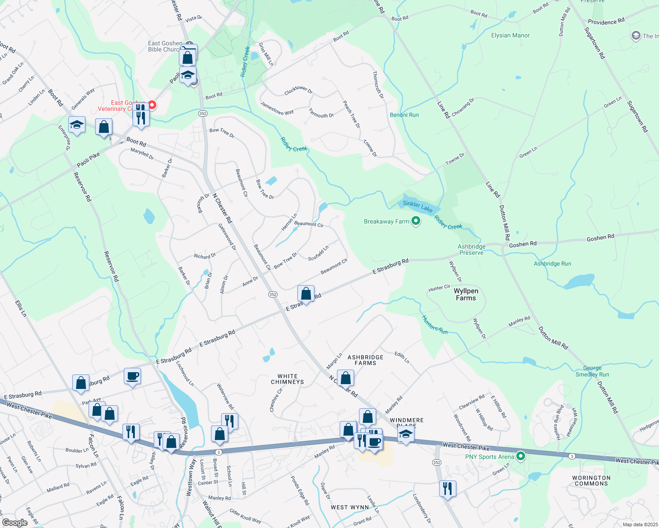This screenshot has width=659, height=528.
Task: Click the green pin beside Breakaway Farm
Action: point(415,221)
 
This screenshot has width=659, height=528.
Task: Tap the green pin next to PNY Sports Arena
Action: point(521,456)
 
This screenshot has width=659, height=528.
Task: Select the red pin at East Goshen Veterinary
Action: point(152,105)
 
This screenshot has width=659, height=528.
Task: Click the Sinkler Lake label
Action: point(418,206)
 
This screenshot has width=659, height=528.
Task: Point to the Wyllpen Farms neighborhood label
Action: point(466,294)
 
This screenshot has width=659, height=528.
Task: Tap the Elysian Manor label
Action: point(510,35)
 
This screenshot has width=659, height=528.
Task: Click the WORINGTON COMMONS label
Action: point(591,480)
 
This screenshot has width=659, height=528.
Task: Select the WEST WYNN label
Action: point(350,507)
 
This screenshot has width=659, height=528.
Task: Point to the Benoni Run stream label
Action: point(404,115)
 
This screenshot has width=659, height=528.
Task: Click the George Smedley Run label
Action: point(592,371)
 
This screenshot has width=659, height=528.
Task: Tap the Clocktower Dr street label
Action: point(298,91)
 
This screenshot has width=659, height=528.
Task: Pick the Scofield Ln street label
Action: point(318,253)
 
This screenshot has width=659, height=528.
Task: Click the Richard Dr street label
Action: point(205,256)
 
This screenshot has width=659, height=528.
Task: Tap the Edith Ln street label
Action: point(402,357)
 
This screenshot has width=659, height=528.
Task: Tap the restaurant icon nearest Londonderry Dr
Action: point(447,488)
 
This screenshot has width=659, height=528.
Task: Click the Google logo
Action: point(15,522)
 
